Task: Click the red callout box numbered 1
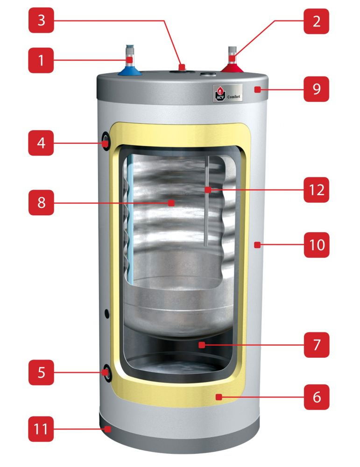tap(41, 60)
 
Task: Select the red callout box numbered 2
tap(316, 21)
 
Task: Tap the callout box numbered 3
tap(41, 21)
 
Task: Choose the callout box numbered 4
tap(41, 142)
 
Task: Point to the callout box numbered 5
tap(41, 372)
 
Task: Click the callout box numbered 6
tap(316, 397)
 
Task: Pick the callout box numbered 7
tap(316, 345)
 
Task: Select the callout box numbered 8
tap(41, 203)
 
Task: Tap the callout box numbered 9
tap(316, 89)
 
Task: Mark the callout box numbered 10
tap(316, 244)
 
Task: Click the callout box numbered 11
tap(41, 429)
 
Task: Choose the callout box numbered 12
tap(316, 190)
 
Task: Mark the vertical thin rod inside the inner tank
tap(206, 201)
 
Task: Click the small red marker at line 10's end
tap(256, 244)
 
